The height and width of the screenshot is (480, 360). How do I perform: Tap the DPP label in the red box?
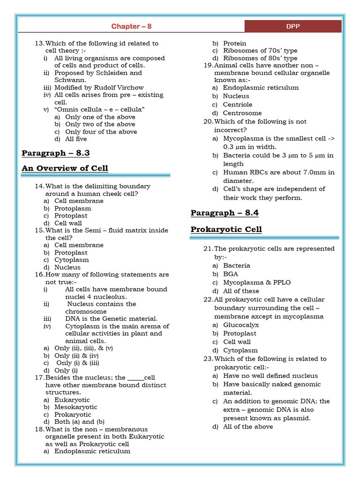pos(293,27)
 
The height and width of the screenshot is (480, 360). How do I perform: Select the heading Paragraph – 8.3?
pos(55,153)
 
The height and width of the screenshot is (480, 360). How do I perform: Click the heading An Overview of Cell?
pos(65,168)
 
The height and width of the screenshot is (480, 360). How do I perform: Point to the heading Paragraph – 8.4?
pos(225,213)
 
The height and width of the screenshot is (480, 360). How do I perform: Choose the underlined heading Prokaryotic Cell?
pos(226,229)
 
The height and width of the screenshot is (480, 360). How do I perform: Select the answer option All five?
pos(76,139)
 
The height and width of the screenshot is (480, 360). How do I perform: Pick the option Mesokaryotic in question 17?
pos(76,407)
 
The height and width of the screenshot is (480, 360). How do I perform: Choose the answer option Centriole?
pos(237,105)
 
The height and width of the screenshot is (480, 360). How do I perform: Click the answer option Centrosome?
pos(242,113)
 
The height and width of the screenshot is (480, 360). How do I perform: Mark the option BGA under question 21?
pos(230,274)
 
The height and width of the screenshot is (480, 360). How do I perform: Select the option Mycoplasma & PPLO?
pos(257,282)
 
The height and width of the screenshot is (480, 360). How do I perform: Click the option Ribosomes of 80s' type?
pos(260,58)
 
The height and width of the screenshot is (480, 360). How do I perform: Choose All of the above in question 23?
pos(248,427)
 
